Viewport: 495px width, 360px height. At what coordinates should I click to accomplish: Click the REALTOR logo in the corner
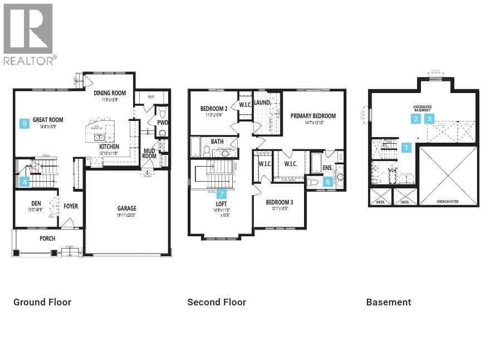click(x=28, y=33)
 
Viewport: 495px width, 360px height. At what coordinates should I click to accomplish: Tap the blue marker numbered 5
click(x=24, y=124)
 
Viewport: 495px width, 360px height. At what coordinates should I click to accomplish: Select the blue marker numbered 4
click(x=24, y=181)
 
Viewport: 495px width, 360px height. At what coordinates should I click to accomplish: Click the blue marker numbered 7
click(x=222, y=194)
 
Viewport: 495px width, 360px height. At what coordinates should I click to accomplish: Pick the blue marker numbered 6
click(x=328, y=181)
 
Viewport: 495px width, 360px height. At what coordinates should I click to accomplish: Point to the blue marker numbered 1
click(x=406, y=148)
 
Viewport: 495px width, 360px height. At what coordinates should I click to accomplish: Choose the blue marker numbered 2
click(x=416, y=119)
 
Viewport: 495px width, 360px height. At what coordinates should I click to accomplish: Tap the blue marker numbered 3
click(x=429, y=119)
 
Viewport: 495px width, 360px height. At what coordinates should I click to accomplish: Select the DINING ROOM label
click(x=110, y=93)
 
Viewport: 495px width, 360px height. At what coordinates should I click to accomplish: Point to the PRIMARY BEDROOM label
click(x=313, y=116)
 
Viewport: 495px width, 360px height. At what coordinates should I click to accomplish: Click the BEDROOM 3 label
click(x=279, y=202)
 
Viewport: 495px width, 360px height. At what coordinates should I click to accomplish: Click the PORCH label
click(x=47, y=239)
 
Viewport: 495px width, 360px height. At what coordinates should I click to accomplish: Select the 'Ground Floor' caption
click(x=42, y=302)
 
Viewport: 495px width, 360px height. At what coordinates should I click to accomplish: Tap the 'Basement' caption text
click(x=389, y=302)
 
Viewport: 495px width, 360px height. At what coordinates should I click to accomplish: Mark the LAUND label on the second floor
click(x=262, y=103)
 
